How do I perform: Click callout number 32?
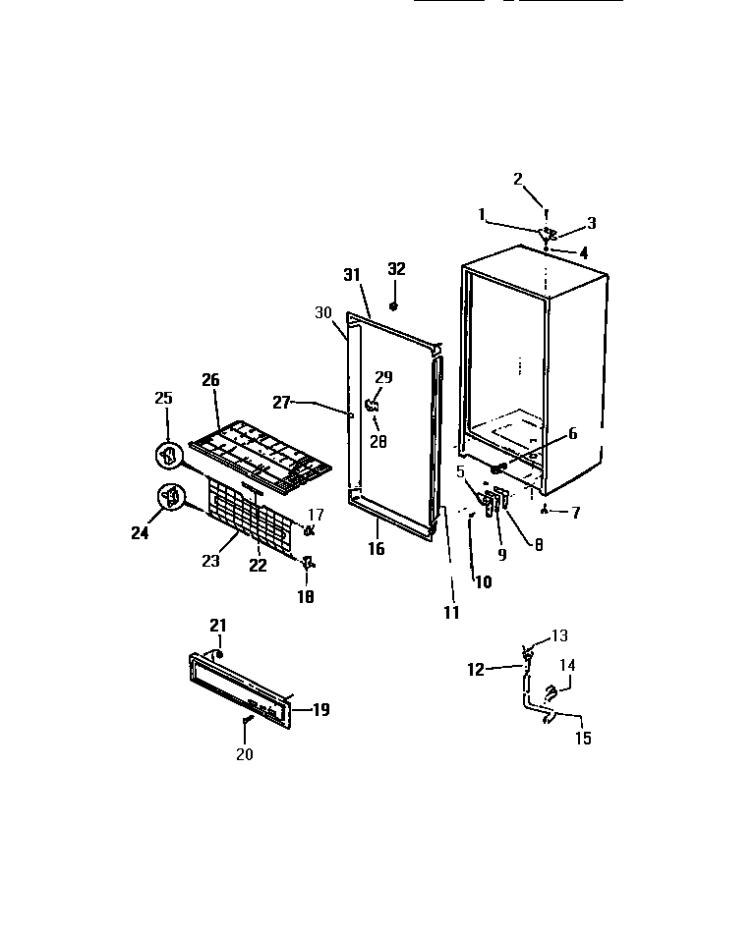[x=396, y=269]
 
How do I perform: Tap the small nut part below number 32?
[x=395, y=306]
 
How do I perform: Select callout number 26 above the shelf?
[x=209, y=380]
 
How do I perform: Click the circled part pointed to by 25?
[x=169, y=456]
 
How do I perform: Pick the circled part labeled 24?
[x=172, y=498]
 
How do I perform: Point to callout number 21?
[x=217, y=625]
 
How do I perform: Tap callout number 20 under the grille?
[x=244, y=754]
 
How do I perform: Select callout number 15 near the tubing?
[x=584, y=739]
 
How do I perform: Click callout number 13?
[x=559, y=635]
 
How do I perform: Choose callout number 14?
[x=567, y=665]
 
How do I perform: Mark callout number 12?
[x=476, y=670]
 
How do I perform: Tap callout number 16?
[x=377, y=550]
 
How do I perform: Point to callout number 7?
[x=576, y=512]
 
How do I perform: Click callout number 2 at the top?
[x=518, y=179]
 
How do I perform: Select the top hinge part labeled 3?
[x=552, y=234]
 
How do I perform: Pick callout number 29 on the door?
[x=383, y=377]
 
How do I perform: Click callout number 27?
[x=281, y=402]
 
